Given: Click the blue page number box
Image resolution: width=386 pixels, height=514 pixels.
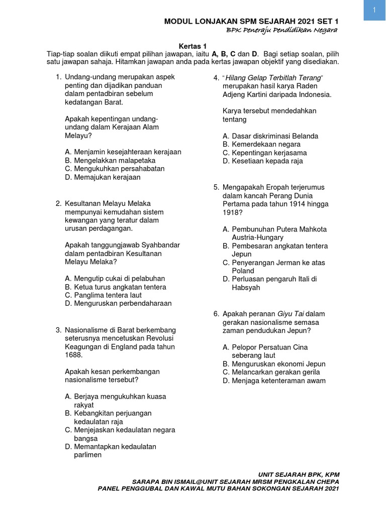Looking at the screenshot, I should point(374,11).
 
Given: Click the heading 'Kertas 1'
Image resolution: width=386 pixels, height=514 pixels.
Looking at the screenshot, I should point(193,45).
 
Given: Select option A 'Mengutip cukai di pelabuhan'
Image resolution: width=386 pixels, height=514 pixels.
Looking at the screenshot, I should point(119,279).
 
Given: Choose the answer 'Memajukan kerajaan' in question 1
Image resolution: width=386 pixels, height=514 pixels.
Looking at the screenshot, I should point(107,177).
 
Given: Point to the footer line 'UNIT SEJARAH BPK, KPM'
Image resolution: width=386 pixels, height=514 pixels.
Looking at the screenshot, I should point(299,474).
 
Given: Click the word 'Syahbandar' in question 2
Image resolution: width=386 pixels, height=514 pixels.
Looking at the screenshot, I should point(161,245).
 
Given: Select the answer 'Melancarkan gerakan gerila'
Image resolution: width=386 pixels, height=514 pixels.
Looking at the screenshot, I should point(275,372).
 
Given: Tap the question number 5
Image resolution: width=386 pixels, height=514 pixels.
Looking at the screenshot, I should point(216,187).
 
